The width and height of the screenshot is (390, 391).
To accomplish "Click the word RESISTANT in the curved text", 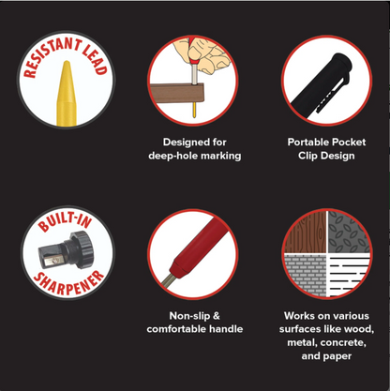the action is click(x=51, y=55).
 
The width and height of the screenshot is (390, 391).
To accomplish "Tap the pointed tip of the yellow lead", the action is click(x=67, y=62).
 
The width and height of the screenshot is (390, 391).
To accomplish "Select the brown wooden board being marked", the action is click(x=177, y=93).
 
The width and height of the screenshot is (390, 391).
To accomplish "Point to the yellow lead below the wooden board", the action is click(x=194, y=110).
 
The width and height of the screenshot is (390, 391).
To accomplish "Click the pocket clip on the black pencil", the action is click(x=331, y=94).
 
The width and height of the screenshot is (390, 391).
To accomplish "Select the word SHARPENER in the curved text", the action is click(x=69, y=284).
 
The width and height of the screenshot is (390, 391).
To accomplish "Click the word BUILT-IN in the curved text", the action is click(x=65, y=220).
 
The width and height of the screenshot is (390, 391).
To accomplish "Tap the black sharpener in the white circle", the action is click(x=67, y=250).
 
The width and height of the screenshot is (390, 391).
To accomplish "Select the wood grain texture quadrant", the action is click(x=306, y=233).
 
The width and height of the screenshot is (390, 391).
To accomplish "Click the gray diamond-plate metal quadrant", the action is click(x=349, y=233).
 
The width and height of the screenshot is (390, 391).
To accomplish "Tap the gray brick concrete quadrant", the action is click(x=306, y=275).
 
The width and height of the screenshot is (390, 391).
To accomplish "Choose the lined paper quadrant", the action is click(x=349, y=275).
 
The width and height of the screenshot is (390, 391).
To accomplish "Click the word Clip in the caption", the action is click(x=307, y=156).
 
